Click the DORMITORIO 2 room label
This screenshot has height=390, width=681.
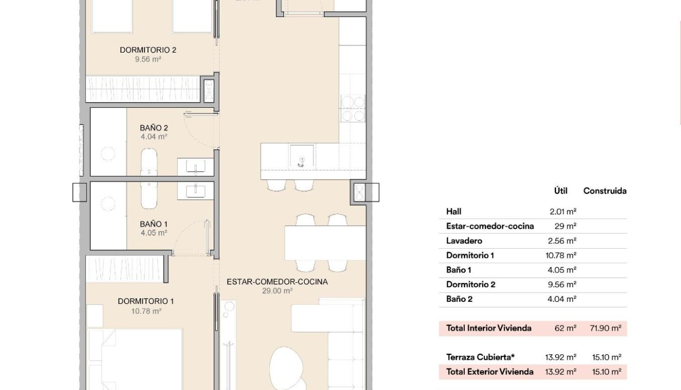coord(148,50)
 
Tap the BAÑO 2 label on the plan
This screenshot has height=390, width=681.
coord(153,128)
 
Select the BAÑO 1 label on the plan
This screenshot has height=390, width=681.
coord(153,224)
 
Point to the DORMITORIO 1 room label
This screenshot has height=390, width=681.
coord(146,301)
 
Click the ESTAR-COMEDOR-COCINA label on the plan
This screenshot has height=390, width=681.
coord(277,282)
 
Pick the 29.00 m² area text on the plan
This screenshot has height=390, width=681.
coord(277,291)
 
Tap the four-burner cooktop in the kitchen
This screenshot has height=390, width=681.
coord(353,109)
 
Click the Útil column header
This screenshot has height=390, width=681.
coord(561,191)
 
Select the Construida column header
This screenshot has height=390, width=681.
coord(605,191)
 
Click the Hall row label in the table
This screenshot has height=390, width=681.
coord(454,212)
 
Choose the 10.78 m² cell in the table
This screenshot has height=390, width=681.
coord(561,255)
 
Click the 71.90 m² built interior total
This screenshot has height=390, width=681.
coord(605,328)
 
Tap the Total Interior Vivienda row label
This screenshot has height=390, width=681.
coord(488,328)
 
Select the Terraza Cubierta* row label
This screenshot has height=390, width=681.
coord(480,357)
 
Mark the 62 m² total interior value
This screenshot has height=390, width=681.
coord(565,328)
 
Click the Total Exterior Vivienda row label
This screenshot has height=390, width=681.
coord(489,371)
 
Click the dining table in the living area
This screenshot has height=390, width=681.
coord(325,242)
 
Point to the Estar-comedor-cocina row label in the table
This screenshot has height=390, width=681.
coord(490,226)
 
